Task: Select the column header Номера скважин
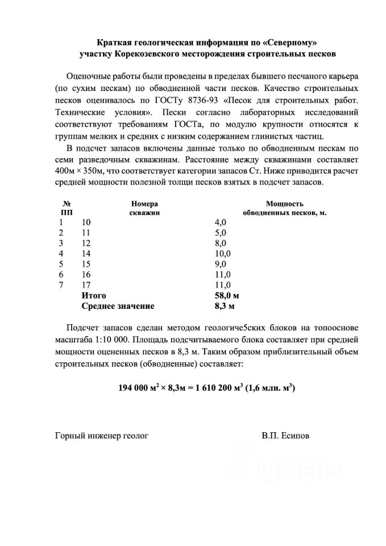coord(144,208)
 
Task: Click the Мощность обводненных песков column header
coord(284,208)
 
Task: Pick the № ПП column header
coord(67,208)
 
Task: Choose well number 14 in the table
coord(86,253)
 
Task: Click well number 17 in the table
coord(86,285)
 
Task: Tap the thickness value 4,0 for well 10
coord(221,221)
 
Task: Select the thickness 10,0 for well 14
coord(222,253)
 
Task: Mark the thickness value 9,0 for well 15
coord(221,264)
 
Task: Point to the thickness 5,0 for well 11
coord(221,232)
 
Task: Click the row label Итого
coord(94,296)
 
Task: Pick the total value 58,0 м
coord(226,296)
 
